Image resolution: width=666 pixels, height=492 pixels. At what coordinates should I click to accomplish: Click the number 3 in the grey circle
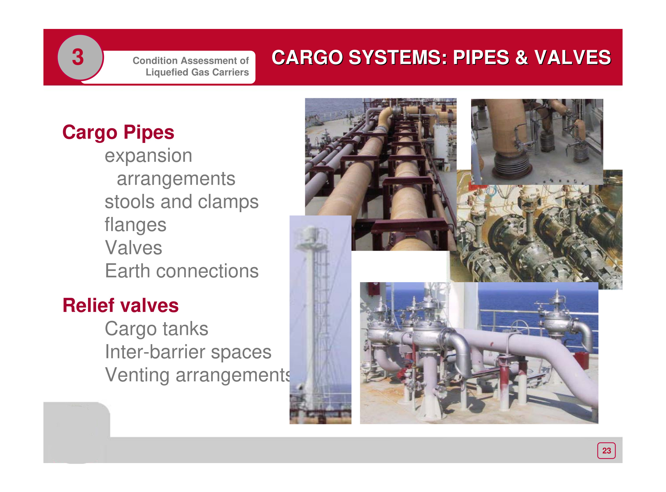[x=78, y=57]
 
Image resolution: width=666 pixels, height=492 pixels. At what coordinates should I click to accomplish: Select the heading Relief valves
[x=120, y=305]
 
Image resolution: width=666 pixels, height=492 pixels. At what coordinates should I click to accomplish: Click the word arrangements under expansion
[x=176, y=179]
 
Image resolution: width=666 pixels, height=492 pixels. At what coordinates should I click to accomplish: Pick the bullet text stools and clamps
[x=182, y=202]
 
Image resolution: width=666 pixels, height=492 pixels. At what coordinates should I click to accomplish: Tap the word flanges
[x=135, y=225]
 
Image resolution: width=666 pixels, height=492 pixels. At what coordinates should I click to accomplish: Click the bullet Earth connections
[x=182, y=271]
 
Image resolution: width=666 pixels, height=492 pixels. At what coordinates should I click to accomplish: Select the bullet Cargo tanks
[x=156, y=329]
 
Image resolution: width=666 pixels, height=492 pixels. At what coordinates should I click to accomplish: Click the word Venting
[x=137, y=375]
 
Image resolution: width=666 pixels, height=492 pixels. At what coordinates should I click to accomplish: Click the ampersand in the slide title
[x=521, y=57]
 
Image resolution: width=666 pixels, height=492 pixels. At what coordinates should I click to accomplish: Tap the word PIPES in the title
[x=481, y=57]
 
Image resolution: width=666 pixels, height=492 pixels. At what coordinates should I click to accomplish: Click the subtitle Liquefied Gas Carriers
[x=197, y=72]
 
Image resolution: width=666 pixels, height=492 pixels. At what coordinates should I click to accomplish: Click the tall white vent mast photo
[x=320, y=320]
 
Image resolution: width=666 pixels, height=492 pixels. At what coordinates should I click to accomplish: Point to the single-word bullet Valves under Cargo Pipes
[x=133, y=248]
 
